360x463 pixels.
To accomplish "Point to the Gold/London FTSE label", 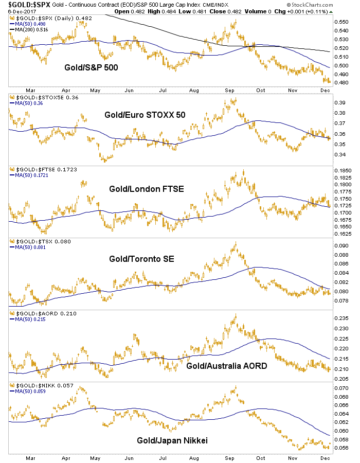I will pos(146,189).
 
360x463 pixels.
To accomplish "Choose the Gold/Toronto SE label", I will pos(142,258).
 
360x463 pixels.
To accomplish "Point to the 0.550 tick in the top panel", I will pos(343,22).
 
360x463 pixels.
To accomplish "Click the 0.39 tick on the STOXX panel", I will pos(341,102).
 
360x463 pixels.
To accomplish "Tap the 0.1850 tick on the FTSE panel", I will pos(345,170).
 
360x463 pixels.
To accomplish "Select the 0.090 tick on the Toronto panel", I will pos(343,245).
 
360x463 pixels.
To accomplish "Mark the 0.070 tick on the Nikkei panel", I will pos(343,388).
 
